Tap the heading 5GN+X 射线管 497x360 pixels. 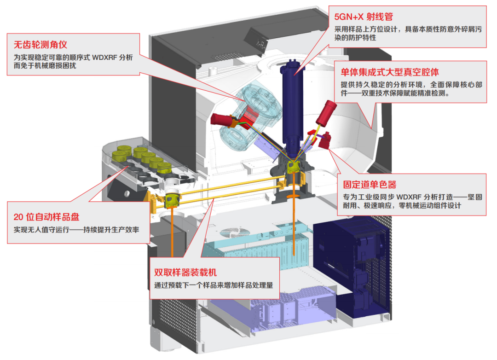tap(364, 17)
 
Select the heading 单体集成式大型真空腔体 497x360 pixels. tap(389, 72)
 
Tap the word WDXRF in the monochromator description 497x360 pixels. tap(403, 197)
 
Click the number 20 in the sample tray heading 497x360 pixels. tap(19, 217)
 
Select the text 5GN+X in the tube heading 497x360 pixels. tap(349, 17)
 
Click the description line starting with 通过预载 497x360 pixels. tap(214, 285)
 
